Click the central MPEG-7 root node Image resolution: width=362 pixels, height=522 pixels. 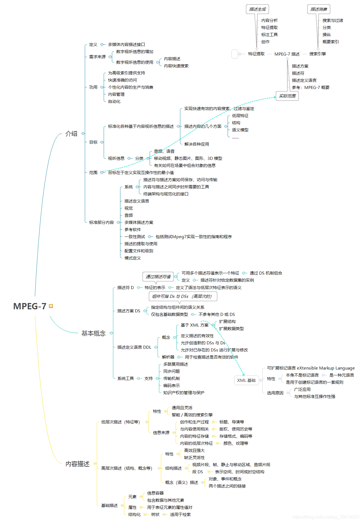[x=30, y=306]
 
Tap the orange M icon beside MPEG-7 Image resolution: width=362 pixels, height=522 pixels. [x=51, y=306]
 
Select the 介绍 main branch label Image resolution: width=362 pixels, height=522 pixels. [x=71, y=134]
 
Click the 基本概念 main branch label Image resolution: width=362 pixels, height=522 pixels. [x=93, y=333]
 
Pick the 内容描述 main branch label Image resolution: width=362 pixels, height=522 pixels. [x=77, y=464]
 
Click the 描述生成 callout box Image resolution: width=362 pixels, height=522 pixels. [x=257, y=9]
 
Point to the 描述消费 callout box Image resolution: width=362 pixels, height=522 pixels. [x=318, y=9]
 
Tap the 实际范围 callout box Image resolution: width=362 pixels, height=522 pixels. [x=287, y=96]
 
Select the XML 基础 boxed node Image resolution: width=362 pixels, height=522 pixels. [x=246, y=380]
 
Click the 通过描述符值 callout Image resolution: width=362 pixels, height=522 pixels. [x=158, y=276]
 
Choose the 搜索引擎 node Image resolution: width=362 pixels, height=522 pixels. [x=317, y=54]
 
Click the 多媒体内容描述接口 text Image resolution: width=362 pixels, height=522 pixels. [x=126, y=44]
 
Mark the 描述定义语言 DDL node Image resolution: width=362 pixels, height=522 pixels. [x=134, y=347]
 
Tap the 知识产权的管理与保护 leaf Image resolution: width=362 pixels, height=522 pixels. [x=184, y=393]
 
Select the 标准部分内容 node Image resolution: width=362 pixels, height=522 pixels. [x=101, y=222]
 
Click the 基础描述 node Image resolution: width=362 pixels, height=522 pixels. [x=109, y=505]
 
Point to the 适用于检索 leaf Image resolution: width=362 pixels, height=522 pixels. [x=180, y=514]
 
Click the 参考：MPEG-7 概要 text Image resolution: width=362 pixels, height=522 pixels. [x=311, y=87]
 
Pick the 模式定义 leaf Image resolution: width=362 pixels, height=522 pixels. [x=132, y=258]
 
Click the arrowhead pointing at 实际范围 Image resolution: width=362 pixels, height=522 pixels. [x=275, y=97]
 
